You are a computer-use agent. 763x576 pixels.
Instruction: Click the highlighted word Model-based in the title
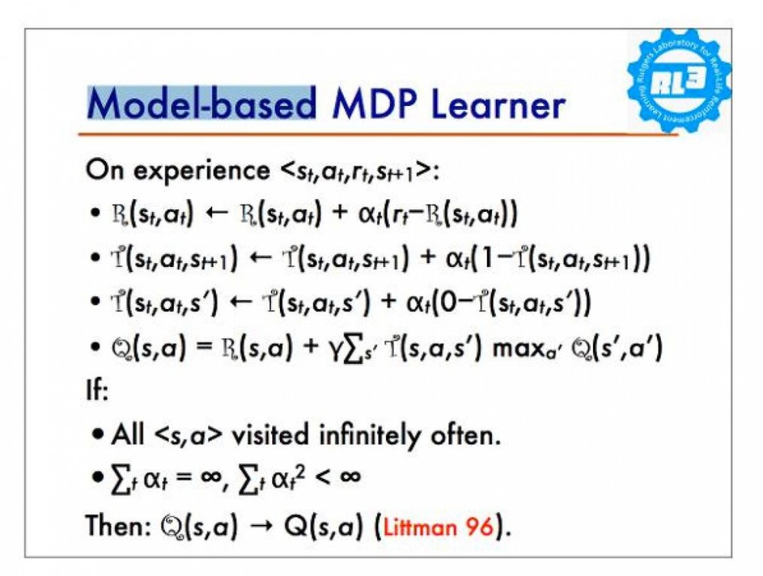coord(202,103)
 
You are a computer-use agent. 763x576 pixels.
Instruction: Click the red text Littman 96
coord(438,527)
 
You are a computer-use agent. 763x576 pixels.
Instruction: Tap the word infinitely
coord(369,435)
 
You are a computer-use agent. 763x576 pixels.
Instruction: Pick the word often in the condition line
coord(465,434)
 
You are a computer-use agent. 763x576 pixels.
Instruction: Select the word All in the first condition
coord(127,434)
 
